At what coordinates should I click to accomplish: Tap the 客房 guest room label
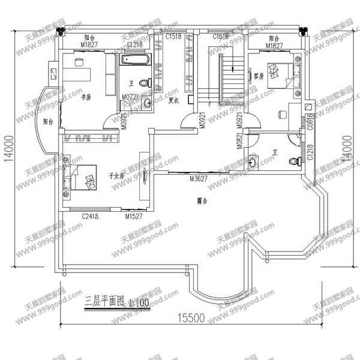(259, 76)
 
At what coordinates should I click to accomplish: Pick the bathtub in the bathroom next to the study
(137, 59)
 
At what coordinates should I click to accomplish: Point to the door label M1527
(133, 216)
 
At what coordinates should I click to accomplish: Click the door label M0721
(131, 96)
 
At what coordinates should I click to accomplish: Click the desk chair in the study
(79, 61)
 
